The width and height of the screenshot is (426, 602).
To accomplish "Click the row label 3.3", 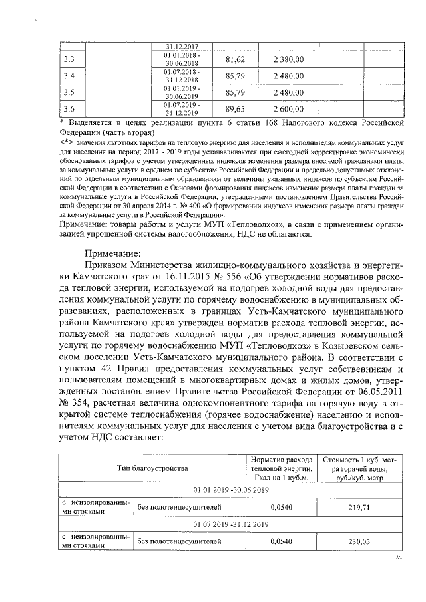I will (68, 60).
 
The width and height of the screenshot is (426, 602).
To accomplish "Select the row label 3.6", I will (68, 108).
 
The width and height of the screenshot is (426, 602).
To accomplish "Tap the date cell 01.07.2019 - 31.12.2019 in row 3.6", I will (182, 108).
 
